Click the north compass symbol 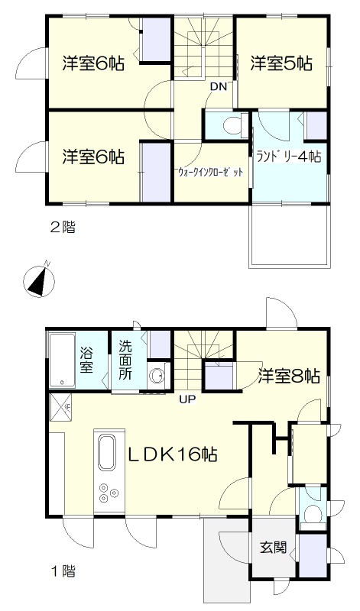click(39, 280)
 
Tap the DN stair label click(219, 87)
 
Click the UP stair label click(187, 399)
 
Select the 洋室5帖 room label click(281, 63)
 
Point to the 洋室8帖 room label click(289, 377)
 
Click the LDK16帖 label click(174, 454)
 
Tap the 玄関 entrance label click(274, 548)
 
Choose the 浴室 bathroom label click(86, 360)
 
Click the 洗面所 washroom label click(125, 360)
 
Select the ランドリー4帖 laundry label click(289, 157)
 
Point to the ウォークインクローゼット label click(211, 172)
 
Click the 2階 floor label click(63, 227)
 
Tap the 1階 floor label click(63, 571)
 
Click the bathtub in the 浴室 click(63, 360)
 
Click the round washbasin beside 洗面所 click(157, 376)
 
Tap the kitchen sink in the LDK click(107, 453)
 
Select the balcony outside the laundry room click(290, 235)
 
